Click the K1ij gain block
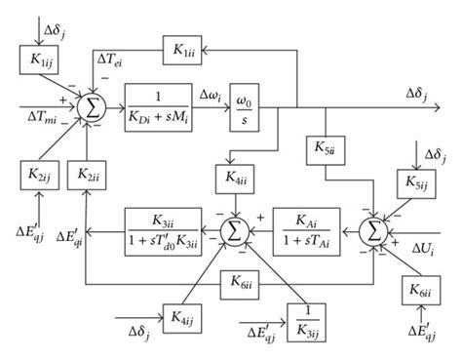pyautogui.click(x=38, y=60)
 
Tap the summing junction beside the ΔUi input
pyautogui.click(x=375, y=231)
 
